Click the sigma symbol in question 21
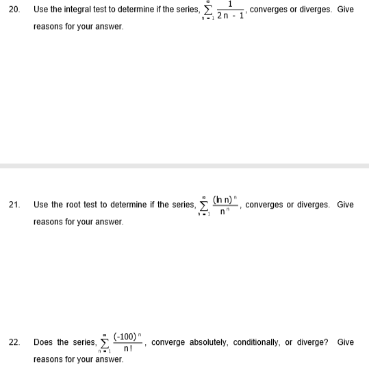(203, 205)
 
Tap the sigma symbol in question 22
(104, 342)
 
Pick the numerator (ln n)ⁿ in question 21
(227, 199)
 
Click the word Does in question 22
(42, 341)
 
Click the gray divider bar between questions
(184, 166)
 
